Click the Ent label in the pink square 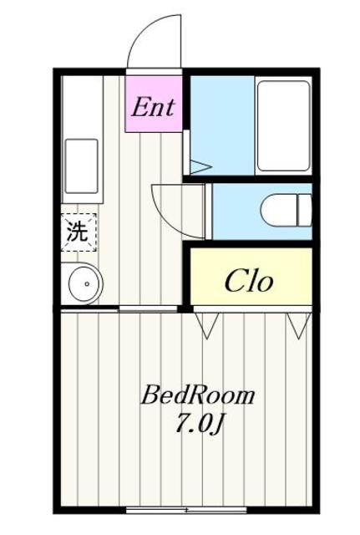coord(154,106)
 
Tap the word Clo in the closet coord(248,282)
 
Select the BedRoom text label coord(197,395)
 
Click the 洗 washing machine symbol coord(78,232)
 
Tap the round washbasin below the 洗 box coord(83,284)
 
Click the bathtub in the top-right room coord(282,125)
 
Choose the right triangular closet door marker coord(297,324)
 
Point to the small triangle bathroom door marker coord(200,167)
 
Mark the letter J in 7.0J coord(220,425)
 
